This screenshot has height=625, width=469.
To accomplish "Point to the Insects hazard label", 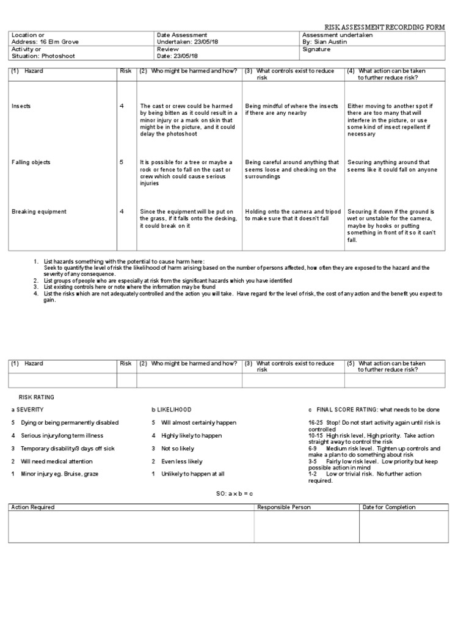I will [21, 106].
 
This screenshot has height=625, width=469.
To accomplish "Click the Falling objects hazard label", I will [31, 162].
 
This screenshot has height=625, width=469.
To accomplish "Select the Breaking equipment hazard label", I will [39, 212].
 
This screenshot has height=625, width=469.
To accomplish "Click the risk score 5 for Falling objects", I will [122, 162].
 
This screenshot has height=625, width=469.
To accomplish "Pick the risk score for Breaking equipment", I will [122, 212].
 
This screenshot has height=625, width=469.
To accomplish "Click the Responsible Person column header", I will [284, 507].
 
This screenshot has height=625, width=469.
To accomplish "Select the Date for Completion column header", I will [389, 507].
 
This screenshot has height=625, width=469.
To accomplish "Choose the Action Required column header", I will [33, 507].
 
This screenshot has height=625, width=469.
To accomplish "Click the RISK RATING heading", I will [36, 397].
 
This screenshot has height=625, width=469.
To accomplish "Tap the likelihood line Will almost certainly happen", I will [194, 422].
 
